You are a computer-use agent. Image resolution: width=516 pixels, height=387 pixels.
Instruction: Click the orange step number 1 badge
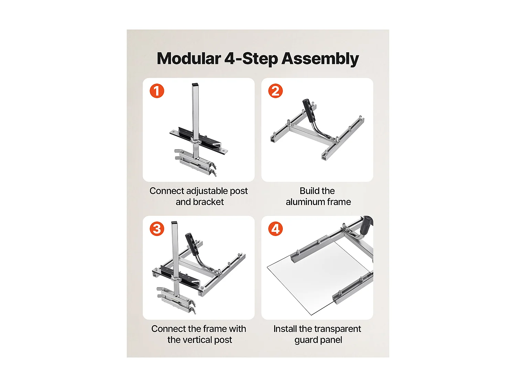[157, 91]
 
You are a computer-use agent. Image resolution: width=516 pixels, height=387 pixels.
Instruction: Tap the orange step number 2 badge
[275, 91]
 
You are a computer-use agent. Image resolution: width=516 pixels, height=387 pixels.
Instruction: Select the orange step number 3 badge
[157, 229]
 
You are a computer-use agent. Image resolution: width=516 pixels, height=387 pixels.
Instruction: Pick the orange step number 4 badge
[275, 229]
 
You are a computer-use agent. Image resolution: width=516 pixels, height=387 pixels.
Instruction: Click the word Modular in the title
[189, 58]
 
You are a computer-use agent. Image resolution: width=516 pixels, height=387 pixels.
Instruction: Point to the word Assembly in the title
[320, 59]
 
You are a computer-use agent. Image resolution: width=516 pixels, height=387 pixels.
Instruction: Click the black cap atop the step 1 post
[195, 85]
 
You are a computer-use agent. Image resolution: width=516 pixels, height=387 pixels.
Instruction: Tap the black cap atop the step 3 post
[174, 223]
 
